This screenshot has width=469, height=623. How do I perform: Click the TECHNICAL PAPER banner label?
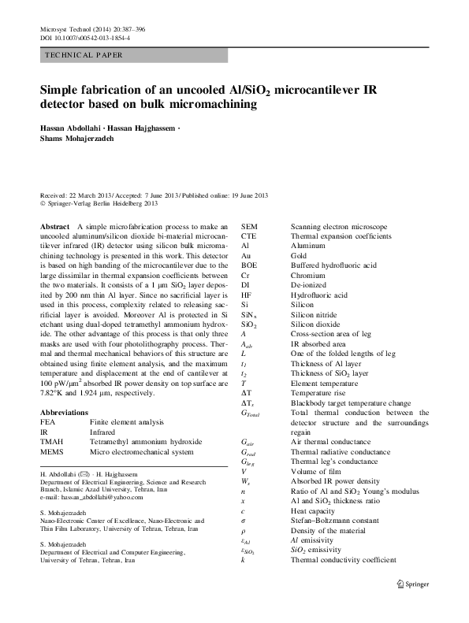(83, 56)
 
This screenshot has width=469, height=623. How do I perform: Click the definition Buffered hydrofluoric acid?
(334, 265)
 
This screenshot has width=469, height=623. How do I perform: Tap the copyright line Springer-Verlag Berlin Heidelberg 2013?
(102, 203)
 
